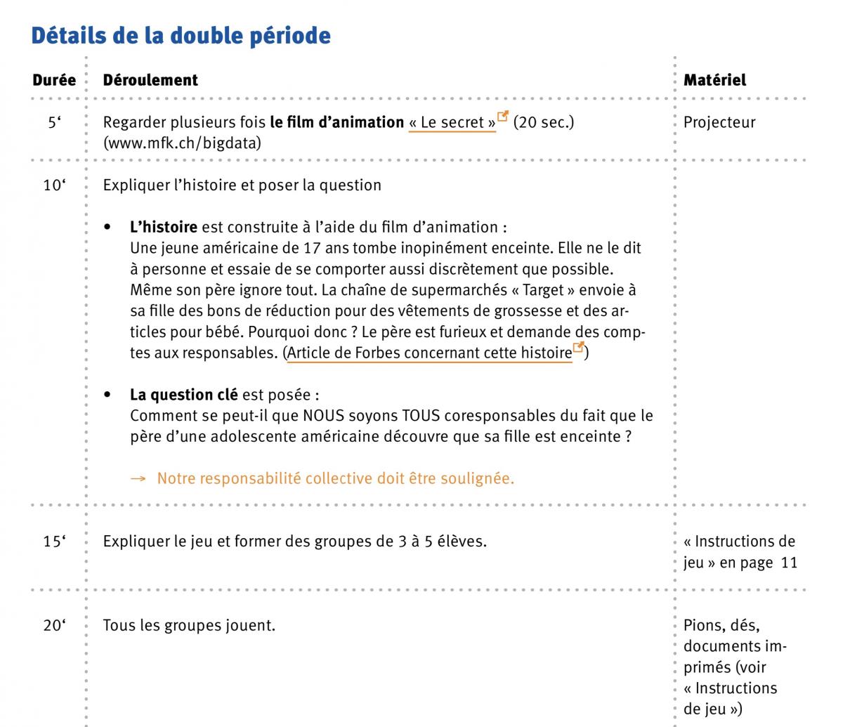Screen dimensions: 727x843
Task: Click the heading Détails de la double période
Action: tap(181, 36)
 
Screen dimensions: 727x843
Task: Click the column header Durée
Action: tap(54, 80)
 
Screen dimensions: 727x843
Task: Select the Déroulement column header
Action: tap(150, 80)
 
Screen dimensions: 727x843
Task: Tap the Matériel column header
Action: tap(714, 80)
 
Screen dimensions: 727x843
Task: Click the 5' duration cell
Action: tap(54, 122)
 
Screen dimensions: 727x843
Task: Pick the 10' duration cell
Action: tap(53, 186)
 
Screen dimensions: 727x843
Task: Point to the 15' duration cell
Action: tap(53, 542)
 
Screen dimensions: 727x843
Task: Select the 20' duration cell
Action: tap(53, 624)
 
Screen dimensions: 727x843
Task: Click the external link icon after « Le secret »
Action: tap(503, 118)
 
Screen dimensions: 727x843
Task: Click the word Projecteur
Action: tap(719, 122)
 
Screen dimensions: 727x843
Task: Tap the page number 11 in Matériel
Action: tap(789, 563)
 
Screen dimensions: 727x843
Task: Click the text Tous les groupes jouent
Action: tap(189, 624)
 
